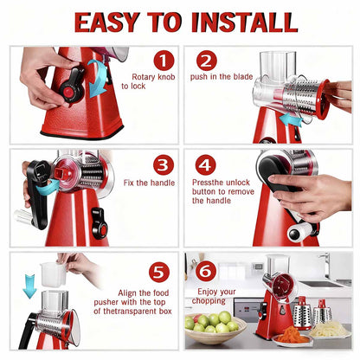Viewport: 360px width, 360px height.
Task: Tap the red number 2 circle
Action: tap(207, 61)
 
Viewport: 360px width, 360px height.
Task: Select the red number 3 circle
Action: tap(164, 164)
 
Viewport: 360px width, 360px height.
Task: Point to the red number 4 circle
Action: tap(206, 164)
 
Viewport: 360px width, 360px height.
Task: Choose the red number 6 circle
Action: tap(206, 271)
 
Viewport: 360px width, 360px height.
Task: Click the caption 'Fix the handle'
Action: tap(148, 183)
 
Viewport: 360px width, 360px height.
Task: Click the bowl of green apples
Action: tap(213, 326)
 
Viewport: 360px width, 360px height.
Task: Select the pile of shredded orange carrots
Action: tap(293, 334)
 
